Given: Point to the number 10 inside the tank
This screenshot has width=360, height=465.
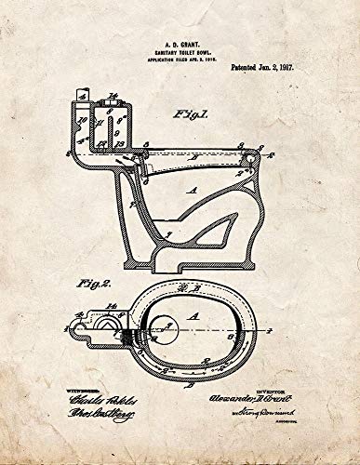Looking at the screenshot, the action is pos(83,119).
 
